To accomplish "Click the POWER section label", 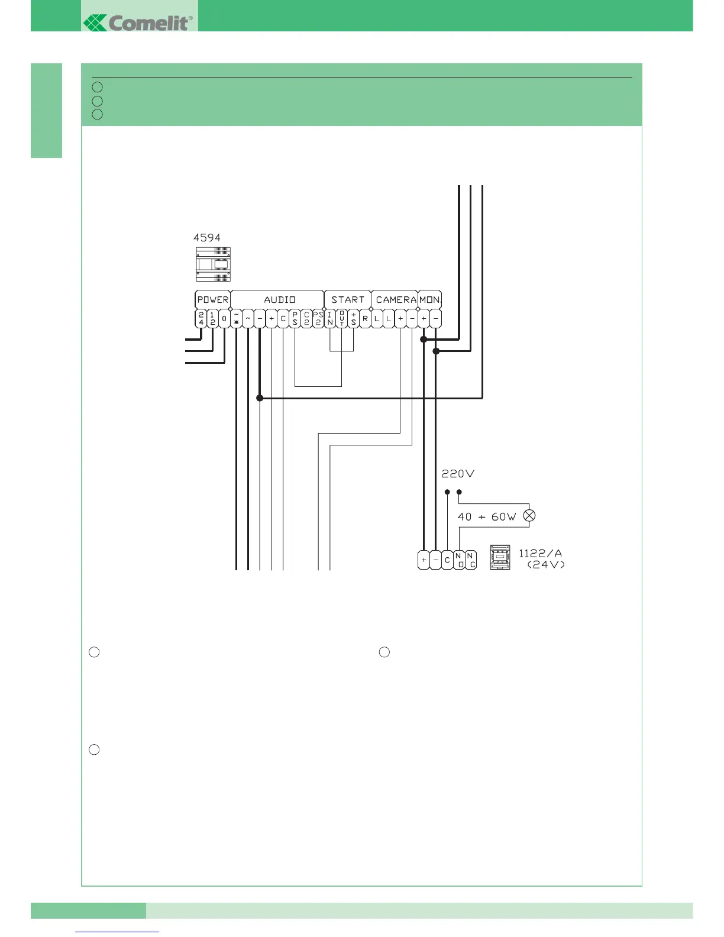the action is click(x=212, y=300).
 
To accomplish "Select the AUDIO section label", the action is click(x=279, y=300).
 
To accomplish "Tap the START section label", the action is click(x=348, y=300).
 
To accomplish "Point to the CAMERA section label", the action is click(x=396, y=300).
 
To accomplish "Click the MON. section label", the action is click(x=430, y=300).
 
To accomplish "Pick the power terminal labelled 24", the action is click(x=201, y=319).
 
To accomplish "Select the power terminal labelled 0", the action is click(x=224, y=319).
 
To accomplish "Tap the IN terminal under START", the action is click(x=330, y=319).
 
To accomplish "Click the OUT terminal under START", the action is click(x=342, y=319).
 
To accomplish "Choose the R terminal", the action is click(x=365, y=319).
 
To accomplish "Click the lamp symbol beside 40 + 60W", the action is click(x=529, y=516).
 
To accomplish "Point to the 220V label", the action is click(x=458, y=474).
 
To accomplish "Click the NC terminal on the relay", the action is click(x=471, y=560).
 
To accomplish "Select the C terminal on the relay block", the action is click(x=447, y=560).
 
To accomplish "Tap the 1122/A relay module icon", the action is click(x=500, y=557).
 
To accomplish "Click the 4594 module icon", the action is click(x=213, y=264).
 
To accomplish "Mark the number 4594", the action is click(x=207, y=238).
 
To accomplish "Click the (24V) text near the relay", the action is click(x=545, y=565).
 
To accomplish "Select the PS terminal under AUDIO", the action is click(x=295, y=319).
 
